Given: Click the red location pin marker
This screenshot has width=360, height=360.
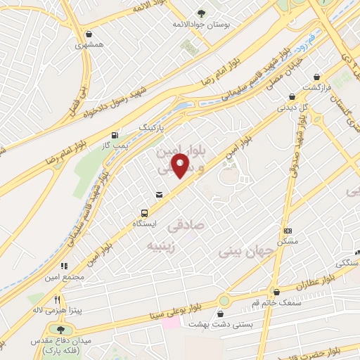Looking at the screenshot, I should pos(181,165).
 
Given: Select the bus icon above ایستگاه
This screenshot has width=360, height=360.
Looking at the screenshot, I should pos(144,213).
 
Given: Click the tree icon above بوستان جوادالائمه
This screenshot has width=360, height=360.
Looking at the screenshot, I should pos(202,13).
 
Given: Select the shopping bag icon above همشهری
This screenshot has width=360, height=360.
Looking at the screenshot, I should pos(88,34).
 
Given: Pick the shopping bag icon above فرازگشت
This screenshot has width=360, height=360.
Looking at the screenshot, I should pos(316,77).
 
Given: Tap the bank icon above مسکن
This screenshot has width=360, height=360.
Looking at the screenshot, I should pos(287,231).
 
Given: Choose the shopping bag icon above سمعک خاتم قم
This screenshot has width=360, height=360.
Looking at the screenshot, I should pos(276,292).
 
